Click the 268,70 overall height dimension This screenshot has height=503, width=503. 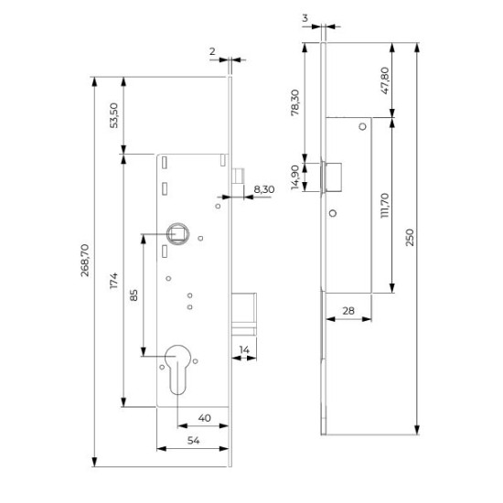coord(85,260)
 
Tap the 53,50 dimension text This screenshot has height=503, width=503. coord(114,115)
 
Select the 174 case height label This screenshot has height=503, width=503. coord(114,281)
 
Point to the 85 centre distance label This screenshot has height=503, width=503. coord(134,295)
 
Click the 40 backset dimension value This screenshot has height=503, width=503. coord(205,418)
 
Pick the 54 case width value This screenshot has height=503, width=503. coord(194,441)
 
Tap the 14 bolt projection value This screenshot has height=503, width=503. coord(244,349)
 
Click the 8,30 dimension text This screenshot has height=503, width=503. coord(264,189)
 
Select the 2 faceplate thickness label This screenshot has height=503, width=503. coord(212,51)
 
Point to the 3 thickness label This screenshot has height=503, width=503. coord(305,18)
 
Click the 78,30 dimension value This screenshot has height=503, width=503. coord(294,102)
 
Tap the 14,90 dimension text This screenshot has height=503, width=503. coord(294,177)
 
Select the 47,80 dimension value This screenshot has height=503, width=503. coord(385,80)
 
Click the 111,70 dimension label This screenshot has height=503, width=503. coord(385,206)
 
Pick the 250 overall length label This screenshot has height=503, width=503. coord(410,238)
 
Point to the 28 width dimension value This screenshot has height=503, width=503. coord(348,311)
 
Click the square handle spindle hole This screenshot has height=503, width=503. coord(177,234)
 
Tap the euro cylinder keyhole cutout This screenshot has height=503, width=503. coord(177,369)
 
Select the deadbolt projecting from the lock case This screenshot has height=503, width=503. coord(244,314)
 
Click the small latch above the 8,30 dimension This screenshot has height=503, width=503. coord(238,177)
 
